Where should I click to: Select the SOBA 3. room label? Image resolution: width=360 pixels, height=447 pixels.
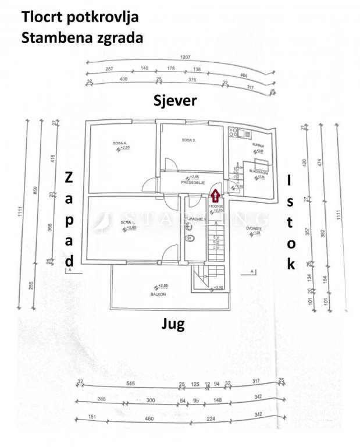[x=188, y=140]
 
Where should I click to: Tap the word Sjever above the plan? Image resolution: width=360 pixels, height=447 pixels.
[x=175, y=100]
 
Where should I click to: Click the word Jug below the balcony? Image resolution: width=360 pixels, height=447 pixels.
[x=173, y=324]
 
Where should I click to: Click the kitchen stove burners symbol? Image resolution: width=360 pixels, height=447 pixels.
[x=234, y=132]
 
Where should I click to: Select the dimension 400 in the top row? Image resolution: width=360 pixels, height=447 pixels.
[x=123, y=79]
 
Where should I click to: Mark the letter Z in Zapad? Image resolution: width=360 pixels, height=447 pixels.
[x=69, y=177]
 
